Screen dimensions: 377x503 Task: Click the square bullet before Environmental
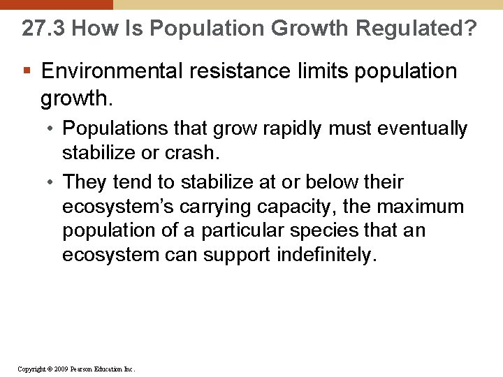[26, 71]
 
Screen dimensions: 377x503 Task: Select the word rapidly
[296, 129]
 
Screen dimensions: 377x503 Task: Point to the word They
[84, 182]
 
